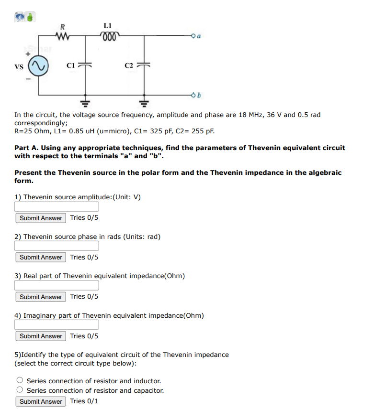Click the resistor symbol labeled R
click(63, 35)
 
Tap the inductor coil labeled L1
click(108, 35)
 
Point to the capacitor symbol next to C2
click(144, 65)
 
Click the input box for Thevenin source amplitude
click(57, 206)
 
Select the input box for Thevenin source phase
click(57, 246)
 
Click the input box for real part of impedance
click(57, 285)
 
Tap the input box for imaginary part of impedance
click(57, 324)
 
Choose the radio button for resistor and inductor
click(20, 381)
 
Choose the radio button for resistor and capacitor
click(20, 390)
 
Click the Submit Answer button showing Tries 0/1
click(41, 401)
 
